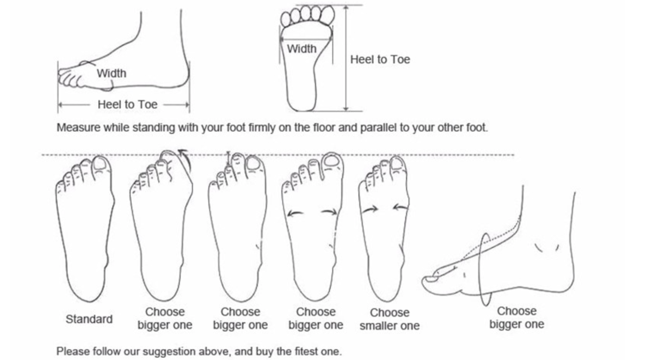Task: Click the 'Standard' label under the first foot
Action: click(x=89, y=319)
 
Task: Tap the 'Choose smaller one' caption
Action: click(x=390, y=319)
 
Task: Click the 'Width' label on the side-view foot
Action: click(x=111, y=73)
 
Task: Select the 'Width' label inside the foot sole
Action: click(x=301, y=49)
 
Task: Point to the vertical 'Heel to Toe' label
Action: click(x=380, y=59)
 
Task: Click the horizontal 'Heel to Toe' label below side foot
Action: click(x=128, y=104)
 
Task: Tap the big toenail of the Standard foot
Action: click(x=100, y=163)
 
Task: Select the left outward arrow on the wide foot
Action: click(x=295, y=213)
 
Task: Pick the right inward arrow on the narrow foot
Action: click(x=400, y=207)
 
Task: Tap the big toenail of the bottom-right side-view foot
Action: click(x=431, y=279)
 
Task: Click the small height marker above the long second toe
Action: click(x=228, y=158)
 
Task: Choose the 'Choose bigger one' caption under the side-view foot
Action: click(x=517, y=318)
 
